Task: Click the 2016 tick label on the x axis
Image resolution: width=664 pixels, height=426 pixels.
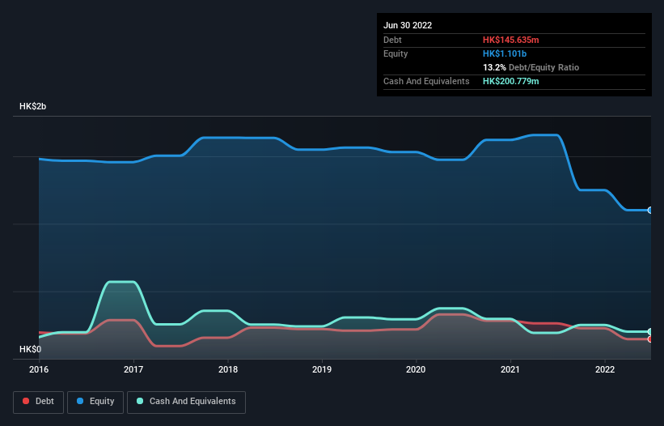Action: coord(39,369)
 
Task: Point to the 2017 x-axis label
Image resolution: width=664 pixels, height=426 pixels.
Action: coord(133,369)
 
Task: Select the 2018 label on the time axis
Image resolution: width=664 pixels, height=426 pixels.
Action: coord(228,369)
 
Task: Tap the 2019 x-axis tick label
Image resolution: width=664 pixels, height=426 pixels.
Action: coord(322,369)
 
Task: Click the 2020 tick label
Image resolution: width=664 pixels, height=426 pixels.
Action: coord(417,369)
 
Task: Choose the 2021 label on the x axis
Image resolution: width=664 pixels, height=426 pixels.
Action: coord(510,369)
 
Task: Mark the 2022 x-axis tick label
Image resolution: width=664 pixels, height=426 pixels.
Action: coord(605,369)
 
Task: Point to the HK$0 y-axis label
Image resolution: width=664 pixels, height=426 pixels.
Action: coord(32,349)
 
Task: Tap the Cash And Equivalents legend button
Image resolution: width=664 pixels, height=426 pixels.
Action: coord(186,402)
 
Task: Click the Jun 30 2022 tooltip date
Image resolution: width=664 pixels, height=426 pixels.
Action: coord(408,25)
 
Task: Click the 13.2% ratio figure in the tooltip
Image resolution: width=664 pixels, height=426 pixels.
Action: coord(494,67)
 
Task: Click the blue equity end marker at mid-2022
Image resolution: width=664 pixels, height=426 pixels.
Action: coord(649,210)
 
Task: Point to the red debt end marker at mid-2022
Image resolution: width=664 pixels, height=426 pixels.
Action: coord(649,339)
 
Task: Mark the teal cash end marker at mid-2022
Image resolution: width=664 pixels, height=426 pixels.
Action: coord(649,332)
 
